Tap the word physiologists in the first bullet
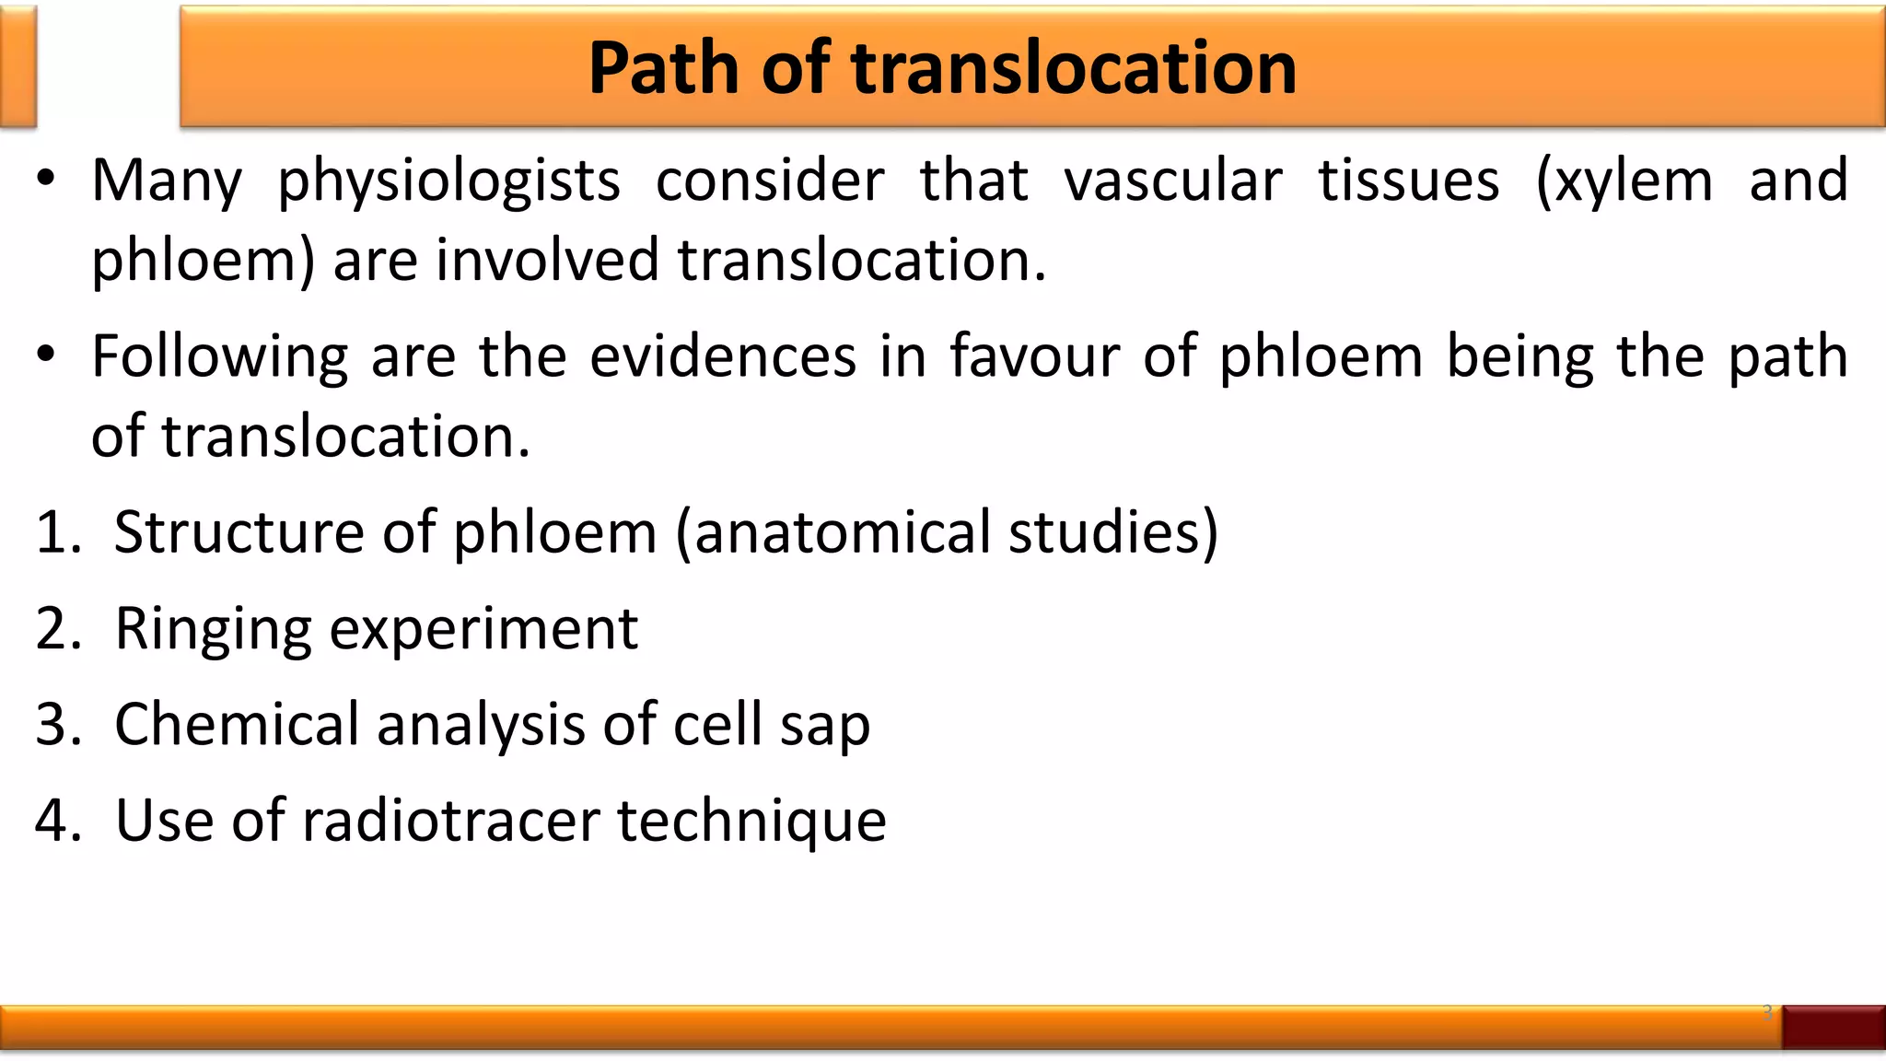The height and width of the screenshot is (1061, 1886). pyautogui.click(x=448, y=181)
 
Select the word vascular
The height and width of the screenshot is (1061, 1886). pyautogui.click(x=1172, y=181)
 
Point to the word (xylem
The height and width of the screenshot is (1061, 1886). pyautogui.click(x=1624, y=181)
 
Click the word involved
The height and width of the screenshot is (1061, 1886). pyautogui.click(x=547, y=260)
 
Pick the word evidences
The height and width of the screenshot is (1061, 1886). pyautogui.click(x=723, y=356)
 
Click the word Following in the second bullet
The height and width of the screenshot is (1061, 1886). pyautogui.click(x=219, y=356)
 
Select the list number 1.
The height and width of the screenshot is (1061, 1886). pyautogui.click(x=57, y=532)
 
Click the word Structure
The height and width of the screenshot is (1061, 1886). pyautogui.click(x=239, y=532)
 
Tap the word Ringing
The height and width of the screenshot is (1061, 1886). pyautogui.click(x=213, y=629)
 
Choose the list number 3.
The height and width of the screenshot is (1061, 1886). pyautogui.click(x=57, y=725)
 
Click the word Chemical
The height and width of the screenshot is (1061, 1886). pyautogui.click(x=237, y=725)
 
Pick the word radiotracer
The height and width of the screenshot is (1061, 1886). pyautogui.click(x=450, y=821)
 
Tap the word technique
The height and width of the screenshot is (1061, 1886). pyautogui.click(x=751, y=821)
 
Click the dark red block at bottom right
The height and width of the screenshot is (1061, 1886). pyautogui.click(x=1833, y=1027)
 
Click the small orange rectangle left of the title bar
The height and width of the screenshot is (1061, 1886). pyautogui.click(x=17, y=66)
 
